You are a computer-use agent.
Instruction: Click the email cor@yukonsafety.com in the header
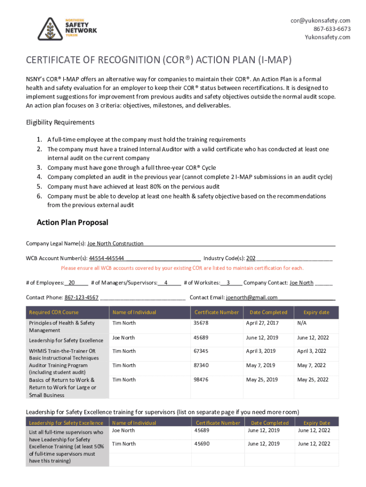[321, 20]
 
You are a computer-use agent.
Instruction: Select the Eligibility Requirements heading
[60, 122]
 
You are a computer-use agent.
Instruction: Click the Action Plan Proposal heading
[72, 222]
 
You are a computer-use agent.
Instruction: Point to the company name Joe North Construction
[116, 243]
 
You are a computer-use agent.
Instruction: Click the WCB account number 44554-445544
[107, 258]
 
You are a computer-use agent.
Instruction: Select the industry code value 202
[250, 258]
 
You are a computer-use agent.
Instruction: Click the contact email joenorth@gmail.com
[252, 297]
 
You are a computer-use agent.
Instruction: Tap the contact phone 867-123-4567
[81, 297]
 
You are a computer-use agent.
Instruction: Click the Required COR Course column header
[54, 312]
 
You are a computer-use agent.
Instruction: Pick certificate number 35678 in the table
[201, 323]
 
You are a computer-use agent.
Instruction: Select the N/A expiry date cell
[302, 323]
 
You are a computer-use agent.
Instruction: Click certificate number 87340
[201, 365]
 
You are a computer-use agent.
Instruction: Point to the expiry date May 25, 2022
[313, 380]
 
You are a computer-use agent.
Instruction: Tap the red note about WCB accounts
[182, 268]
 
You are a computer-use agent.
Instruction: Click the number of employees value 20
[72, 282]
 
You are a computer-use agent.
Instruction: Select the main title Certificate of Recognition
[158, 60]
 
